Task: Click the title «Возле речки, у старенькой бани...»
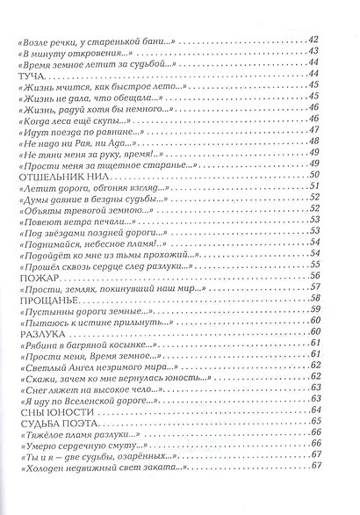90,40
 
